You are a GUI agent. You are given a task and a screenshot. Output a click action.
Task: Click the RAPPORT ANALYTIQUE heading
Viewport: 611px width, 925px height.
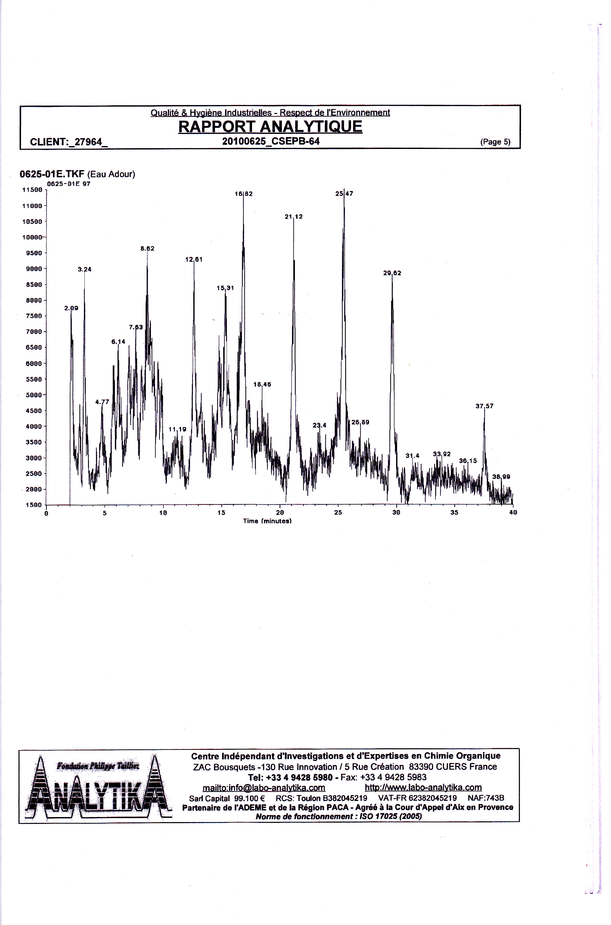coord(270,126)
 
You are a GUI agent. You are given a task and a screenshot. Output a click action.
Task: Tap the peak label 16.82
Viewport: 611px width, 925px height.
coord(244,194)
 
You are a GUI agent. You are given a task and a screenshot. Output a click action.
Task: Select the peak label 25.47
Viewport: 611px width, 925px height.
coord(344,194)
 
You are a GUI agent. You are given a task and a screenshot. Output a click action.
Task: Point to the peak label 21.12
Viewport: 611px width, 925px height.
coord(294,216)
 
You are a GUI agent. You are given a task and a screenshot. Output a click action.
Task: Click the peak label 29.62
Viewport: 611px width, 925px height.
coord(392,273)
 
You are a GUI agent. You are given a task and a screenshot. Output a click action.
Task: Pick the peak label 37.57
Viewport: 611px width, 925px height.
coord(484,406)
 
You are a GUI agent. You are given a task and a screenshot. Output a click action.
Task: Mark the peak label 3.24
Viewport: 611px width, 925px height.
coord(84,269)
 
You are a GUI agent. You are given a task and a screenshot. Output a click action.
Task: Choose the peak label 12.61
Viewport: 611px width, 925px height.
coord(194,259)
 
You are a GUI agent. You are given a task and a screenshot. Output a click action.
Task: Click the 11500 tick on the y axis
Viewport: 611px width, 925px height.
coord(32,190)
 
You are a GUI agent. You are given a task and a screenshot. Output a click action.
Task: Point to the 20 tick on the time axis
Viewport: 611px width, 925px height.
coord(280,513)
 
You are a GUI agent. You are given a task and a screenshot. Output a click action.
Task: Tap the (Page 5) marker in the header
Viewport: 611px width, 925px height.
coord(495,142)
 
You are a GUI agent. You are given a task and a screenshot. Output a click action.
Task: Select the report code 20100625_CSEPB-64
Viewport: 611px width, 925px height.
coord(271,141)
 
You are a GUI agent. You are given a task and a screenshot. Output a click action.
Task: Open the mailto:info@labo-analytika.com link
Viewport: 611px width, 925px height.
coord(264,787)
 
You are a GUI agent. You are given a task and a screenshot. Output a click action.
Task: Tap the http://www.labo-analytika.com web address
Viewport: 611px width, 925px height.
coord(423,787)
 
